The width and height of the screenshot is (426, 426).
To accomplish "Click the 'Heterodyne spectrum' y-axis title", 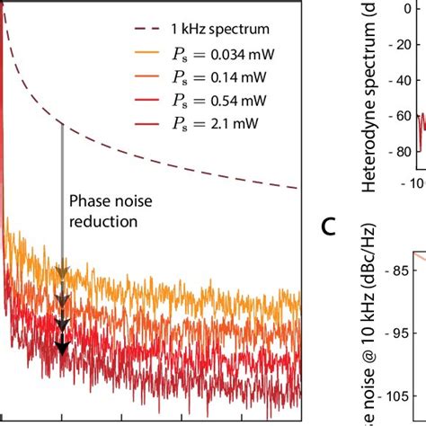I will [369, 108].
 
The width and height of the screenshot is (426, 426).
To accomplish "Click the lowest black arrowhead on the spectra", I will [62, 348].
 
